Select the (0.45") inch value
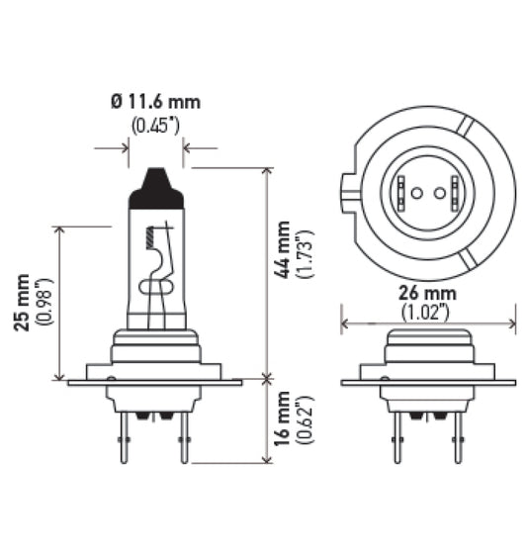point(155,125)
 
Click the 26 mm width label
point(427,292)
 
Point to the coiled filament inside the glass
point(150,237)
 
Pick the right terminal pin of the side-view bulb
point(183,435)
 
